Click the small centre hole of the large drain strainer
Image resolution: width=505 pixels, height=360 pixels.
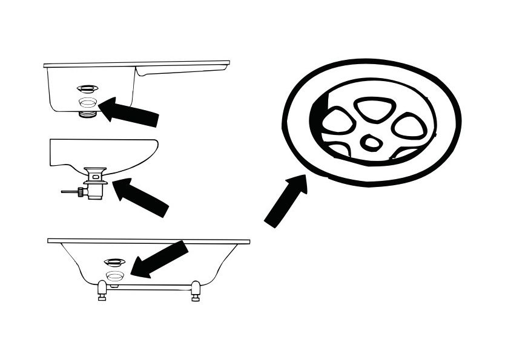369,143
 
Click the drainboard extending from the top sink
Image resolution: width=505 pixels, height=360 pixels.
182,66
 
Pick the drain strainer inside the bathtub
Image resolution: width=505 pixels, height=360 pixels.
114,262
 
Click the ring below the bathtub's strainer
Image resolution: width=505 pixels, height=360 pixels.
114,275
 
